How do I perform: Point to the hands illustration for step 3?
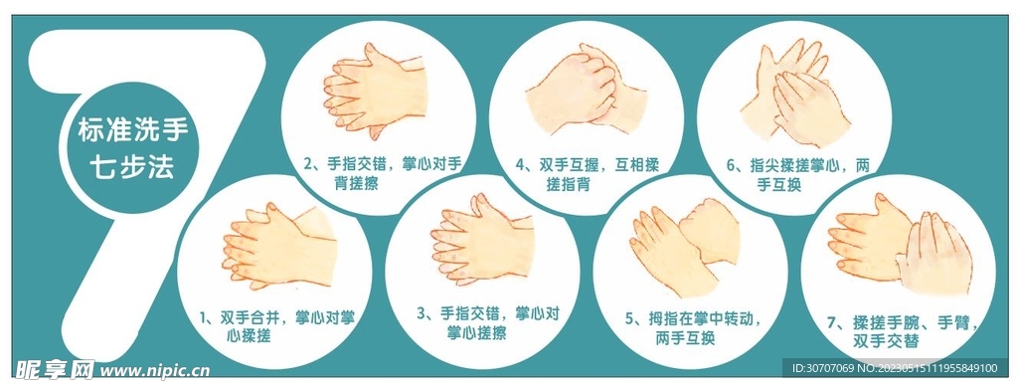tap(482, 245)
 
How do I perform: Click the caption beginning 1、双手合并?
tap(275, 327)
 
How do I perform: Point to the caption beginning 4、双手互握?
tap(587, 173)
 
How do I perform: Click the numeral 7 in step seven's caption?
tap(831, 322)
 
